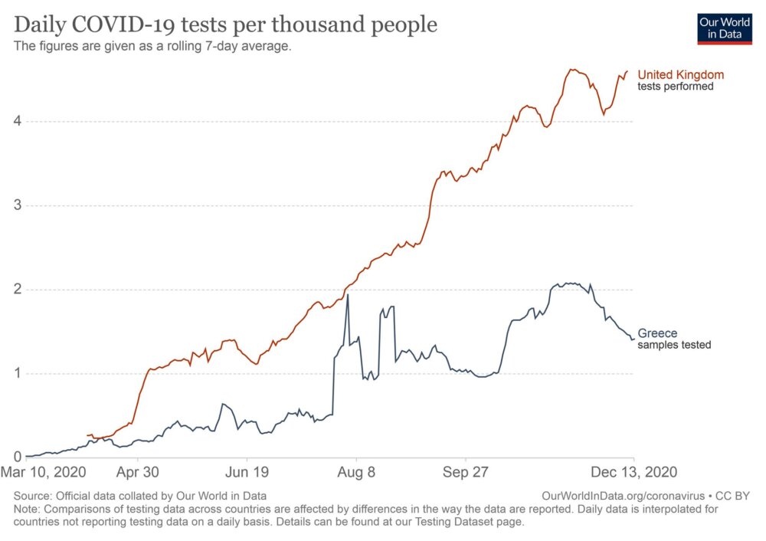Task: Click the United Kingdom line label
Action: (680, 75)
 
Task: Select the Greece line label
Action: (657, 334)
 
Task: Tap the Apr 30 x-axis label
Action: (137, 472)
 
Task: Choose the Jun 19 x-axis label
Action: (247, 472)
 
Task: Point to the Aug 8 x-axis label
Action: (356, 472)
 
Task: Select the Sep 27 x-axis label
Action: (466, 472)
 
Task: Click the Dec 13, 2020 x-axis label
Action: (634, 472)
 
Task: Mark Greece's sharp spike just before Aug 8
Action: (348, 295)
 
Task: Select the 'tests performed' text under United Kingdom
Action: (676, 87)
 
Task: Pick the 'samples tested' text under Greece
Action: (674, 346)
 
